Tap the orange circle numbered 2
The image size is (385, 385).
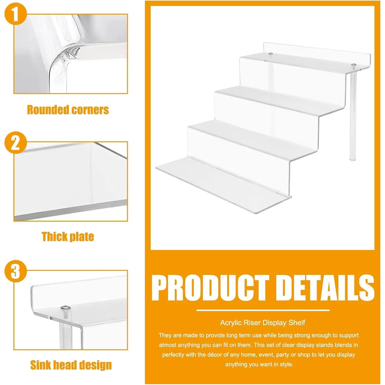point(16,143)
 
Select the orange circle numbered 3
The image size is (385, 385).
point(16,271)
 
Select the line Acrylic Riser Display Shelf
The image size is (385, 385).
point(263,323)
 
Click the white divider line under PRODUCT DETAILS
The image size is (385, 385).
point(263,310)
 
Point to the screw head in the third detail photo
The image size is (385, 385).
point(66,308)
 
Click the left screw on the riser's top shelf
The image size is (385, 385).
point(271,54)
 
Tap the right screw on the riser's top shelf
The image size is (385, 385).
point(354,65)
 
